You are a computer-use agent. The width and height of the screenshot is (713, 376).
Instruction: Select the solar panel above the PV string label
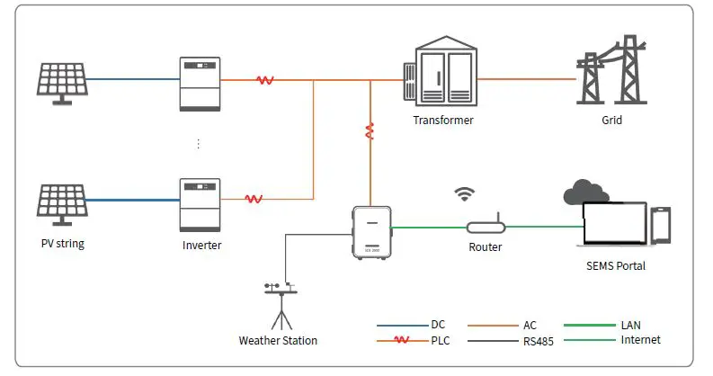pos(62,206)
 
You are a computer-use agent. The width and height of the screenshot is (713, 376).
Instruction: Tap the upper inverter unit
pos(200,84)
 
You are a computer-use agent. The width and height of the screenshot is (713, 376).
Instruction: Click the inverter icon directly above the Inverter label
pos(200,204)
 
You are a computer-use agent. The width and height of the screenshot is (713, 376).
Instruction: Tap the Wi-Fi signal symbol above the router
pos(465,193)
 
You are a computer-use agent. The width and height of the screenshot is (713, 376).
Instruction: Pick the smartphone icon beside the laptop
pos(661,225)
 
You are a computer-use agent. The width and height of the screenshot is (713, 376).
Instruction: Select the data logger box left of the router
pos(370,231)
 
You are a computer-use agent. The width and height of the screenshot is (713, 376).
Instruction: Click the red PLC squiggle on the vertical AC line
pos(369,132)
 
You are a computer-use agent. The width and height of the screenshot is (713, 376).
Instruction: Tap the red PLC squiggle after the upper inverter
pos(265,80)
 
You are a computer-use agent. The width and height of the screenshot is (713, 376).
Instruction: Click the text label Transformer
pos(442,120)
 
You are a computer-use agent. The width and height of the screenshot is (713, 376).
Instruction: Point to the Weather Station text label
pos(278,341)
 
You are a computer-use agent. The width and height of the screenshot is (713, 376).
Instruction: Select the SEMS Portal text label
pos(615,266)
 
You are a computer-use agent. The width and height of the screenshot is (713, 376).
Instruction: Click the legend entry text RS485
pos(539,342)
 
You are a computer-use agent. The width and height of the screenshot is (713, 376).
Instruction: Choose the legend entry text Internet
pos(640,340)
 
